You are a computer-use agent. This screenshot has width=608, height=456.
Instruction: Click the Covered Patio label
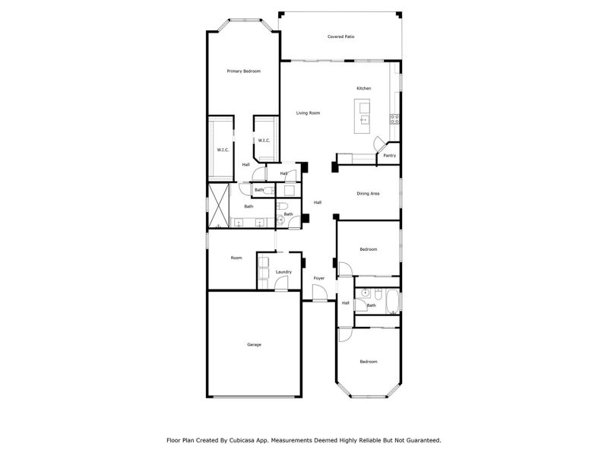341,36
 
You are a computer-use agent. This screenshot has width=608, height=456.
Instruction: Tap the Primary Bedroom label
244,71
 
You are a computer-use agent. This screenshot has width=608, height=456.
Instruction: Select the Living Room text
308,113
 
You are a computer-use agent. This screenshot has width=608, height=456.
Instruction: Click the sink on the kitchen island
364,119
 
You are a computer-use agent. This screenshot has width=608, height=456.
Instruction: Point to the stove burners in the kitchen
394,119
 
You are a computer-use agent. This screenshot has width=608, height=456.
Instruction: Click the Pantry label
389,156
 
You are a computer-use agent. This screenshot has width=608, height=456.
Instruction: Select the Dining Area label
368,194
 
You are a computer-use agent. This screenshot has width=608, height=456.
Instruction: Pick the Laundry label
283,272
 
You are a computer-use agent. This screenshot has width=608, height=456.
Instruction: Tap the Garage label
254,345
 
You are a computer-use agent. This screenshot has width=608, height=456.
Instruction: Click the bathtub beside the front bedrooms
391,302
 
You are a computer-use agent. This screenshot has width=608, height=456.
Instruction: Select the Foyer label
319,278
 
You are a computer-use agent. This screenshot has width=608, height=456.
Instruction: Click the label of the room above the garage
236,258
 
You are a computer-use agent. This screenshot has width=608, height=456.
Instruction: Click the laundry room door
282,287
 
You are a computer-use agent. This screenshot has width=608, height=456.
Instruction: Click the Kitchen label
364,89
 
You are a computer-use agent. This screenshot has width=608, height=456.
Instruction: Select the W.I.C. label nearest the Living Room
264,141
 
